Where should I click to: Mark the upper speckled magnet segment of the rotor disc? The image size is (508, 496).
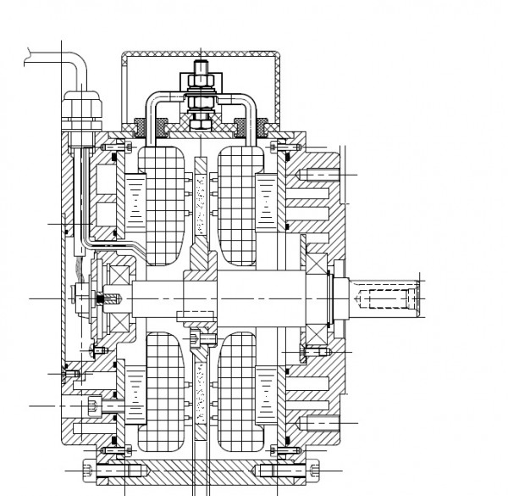[x=201, y=208]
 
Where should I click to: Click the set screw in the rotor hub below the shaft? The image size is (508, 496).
[x=202, y=338]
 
